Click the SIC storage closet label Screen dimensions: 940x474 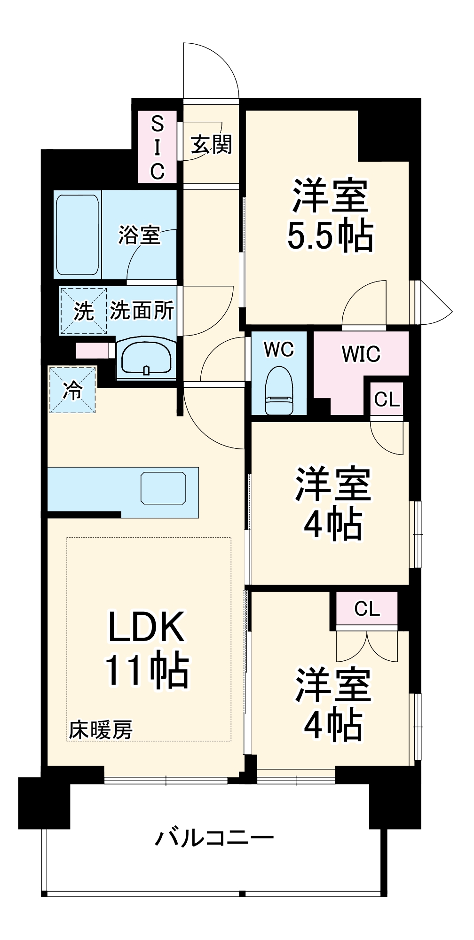(157, 147)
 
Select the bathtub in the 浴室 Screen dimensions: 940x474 (78, 235)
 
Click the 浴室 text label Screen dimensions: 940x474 (139, 235)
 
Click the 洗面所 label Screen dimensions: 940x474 (142, 311)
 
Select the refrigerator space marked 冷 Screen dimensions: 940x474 (72, 390)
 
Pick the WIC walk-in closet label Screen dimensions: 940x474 (361, 354)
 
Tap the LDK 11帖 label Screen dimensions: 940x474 (147, 649)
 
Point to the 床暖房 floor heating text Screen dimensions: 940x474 (101, 730)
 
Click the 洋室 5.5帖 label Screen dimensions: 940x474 (331, 215)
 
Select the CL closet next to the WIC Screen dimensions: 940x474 (387, 399)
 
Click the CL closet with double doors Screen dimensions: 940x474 (367, 609)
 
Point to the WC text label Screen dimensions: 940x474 (279, 349)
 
